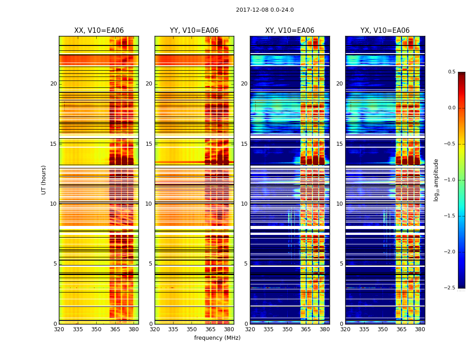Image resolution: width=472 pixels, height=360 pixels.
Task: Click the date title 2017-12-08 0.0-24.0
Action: click(x=265, y=10)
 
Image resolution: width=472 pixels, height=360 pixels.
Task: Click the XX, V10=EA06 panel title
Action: click(x=99, y=31)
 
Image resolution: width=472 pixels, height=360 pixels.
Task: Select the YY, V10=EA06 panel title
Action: click(x=194, y=31)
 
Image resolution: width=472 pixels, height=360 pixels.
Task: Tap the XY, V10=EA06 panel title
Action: click(x=289, y=31)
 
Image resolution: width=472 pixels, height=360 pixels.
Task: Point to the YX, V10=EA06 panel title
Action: click(x=385, y=31)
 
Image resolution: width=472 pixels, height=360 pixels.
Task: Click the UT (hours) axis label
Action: click(x=44, y=180)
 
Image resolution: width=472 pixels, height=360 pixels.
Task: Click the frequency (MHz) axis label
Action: click(x=217, y=338)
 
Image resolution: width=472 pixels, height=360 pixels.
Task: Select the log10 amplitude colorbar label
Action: click(x=436, y=180)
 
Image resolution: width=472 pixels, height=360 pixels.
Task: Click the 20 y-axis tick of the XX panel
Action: click(x=53, y=84)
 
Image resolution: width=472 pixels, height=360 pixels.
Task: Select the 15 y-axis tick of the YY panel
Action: click(x=149, y=144)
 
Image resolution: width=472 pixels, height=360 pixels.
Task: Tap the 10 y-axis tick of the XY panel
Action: click(x=244, y=204)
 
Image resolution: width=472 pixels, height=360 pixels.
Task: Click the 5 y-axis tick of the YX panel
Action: click(x=341, y=264)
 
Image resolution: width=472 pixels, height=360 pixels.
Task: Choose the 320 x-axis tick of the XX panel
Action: click(x=59, y=329)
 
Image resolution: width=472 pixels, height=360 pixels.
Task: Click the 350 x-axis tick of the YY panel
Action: click(x=192, y=329)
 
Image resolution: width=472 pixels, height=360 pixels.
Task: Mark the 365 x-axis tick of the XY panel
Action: click(x=306, y=329)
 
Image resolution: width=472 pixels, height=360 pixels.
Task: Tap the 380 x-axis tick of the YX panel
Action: click(x=420, y=329)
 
